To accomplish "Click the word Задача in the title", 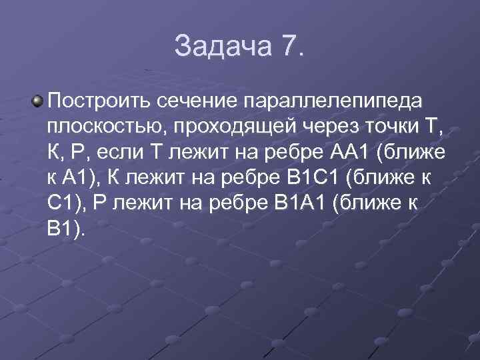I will click(x=213, y=46).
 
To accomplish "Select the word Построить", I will click(x=99, y=101).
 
